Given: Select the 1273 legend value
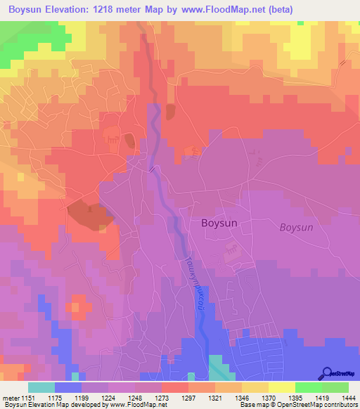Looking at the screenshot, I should point(162,398).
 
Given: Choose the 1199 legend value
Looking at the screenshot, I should point(82,398).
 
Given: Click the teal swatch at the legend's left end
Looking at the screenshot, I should point(41,387).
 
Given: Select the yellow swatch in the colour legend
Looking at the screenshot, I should point(281,387).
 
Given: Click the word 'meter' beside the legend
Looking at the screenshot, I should point(11,398).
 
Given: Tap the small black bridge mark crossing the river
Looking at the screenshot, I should point(151,168).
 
